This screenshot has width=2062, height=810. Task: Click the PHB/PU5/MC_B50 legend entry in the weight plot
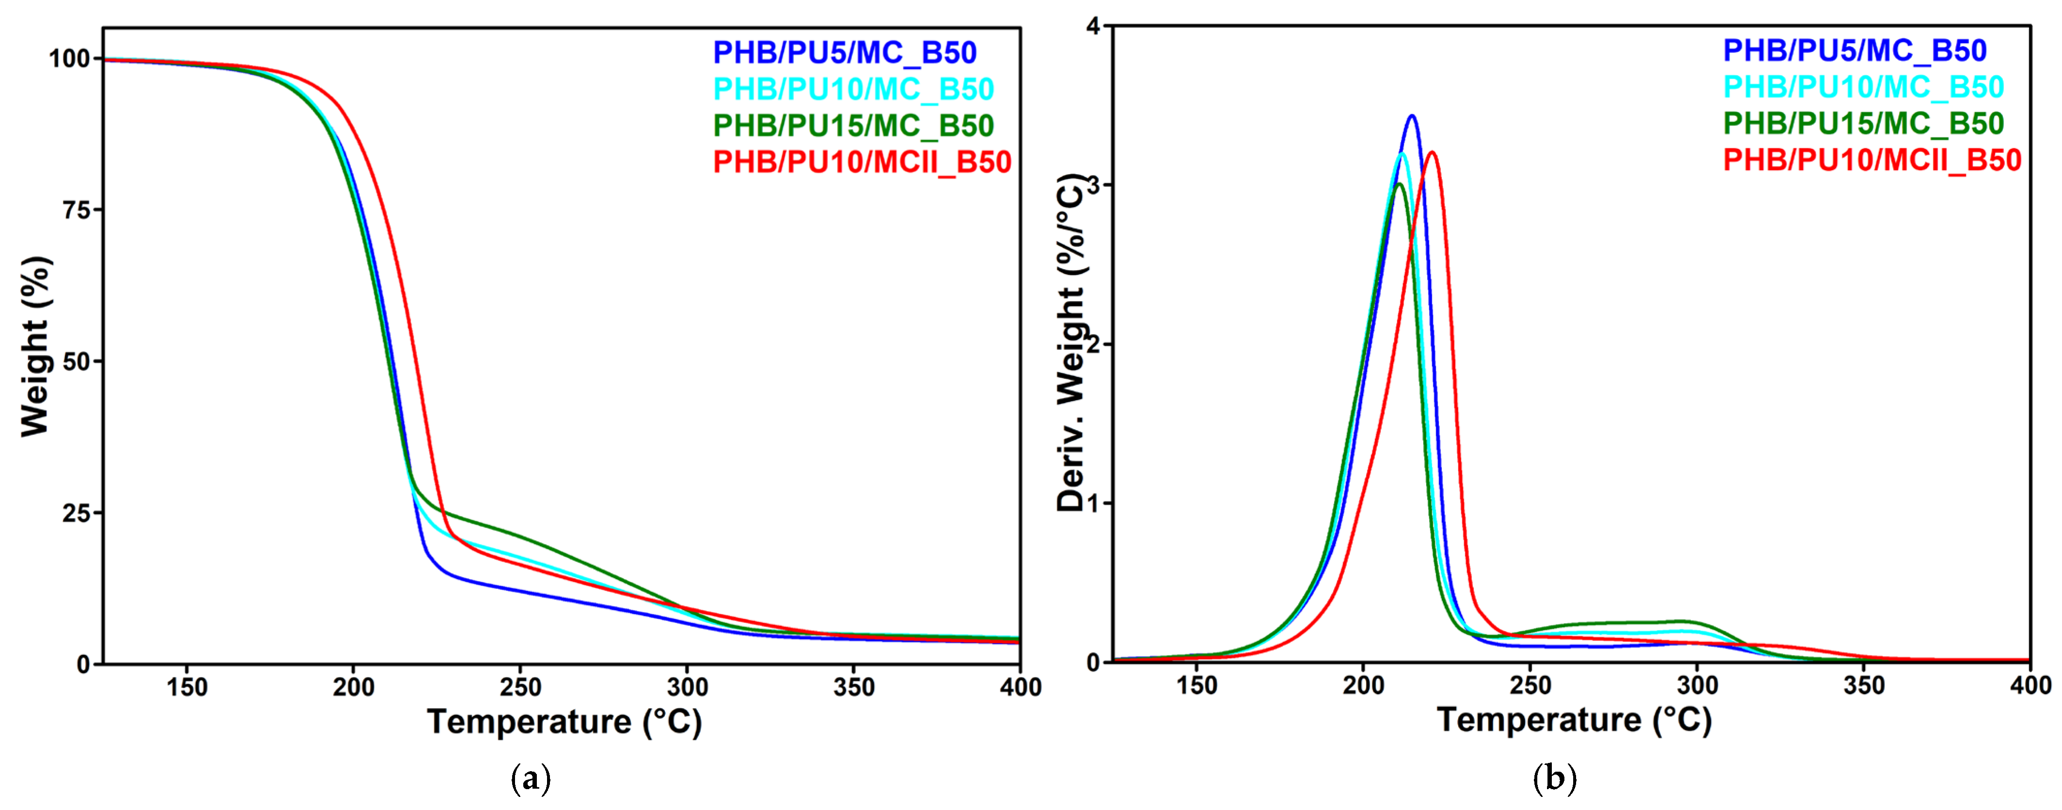coord(844,53)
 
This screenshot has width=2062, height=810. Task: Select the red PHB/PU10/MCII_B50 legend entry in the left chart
coord(862,162)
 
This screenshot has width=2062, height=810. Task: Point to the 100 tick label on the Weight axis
coord(70,58)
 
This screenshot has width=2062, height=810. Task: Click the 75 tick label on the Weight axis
coord(76,210)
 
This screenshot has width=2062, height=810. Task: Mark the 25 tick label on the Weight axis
coord(76,513)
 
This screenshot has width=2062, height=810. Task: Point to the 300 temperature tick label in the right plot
coord(1697,686)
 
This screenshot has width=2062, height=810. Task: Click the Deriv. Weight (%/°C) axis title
coord(1070,342)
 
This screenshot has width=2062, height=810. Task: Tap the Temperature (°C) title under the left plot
coord(564,723)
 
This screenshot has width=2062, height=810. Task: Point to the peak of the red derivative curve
coord(1432,152)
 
